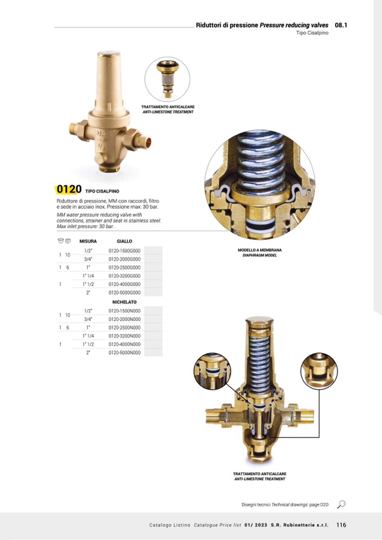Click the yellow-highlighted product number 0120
pos(69,189)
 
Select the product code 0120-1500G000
pos(125,251)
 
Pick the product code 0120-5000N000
pos(125,352)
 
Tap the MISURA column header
pos(88,241)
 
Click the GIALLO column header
pos(125,241)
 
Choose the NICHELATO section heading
pos(125,302)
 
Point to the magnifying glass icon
pos(341,505)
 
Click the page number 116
pos(341,525)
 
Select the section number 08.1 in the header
pos(341,25)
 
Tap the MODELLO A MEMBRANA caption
pos(260,250)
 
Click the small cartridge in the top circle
pos(167,78)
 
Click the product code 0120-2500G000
pos(125,267)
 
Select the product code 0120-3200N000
pos(125,336)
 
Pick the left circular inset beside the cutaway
pos(212,371)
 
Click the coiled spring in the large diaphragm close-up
pos(260,162)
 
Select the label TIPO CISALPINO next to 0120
pos(102,191)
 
